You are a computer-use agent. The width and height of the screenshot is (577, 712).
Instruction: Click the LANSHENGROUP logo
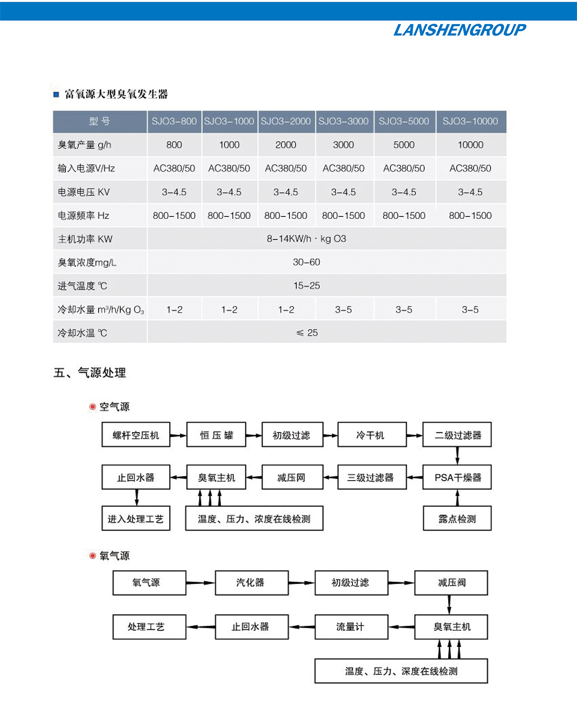click(x=459, y=30)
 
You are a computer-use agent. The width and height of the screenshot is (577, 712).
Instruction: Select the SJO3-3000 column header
click(x=343, y=121)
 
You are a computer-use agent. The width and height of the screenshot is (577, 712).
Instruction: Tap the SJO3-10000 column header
click(x=470, y=121)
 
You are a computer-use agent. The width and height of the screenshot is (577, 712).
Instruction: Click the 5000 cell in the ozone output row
click(x=404, y=145)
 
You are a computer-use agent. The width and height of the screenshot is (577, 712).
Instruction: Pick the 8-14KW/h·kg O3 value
click(x=306, y=239)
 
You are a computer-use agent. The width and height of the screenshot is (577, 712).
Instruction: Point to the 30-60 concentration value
click(x=306, y=262)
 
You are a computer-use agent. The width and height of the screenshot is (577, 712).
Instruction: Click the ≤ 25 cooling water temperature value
click(x=307, y=333)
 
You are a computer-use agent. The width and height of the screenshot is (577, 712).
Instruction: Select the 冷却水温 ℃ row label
click(x=83, y=333)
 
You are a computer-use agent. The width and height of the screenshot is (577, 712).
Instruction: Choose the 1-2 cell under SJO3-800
click(x=174, y=310)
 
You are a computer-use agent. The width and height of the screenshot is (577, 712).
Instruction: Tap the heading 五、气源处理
click(x=90, y=373)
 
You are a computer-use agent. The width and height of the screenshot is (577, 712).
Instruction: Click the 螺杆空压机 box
click(x=136, y=435)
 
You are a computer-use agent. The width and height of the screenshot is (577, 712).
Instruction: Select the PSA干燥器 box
click(x=457, y=478)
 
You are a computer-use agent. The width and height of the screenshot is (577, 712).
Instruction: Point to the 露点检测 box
click(x=457, y=519)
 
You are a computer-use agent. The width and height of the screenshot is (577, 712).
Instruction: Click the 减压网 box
click(x=292, y=478)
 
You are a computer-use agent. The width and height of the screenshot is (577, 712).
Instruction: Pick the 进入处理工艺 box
click(x=136, y=519)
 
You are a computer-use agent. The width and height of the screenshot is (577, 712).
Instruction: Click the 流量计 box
click(x=351, y=626)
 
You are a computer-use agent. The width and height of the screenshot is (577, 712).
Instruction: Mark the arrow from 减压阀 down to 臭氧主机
click(x=450, y=605)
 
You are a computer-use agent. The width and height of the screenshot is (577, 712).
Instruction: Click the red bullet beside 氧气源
click(x=93, y=556)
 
